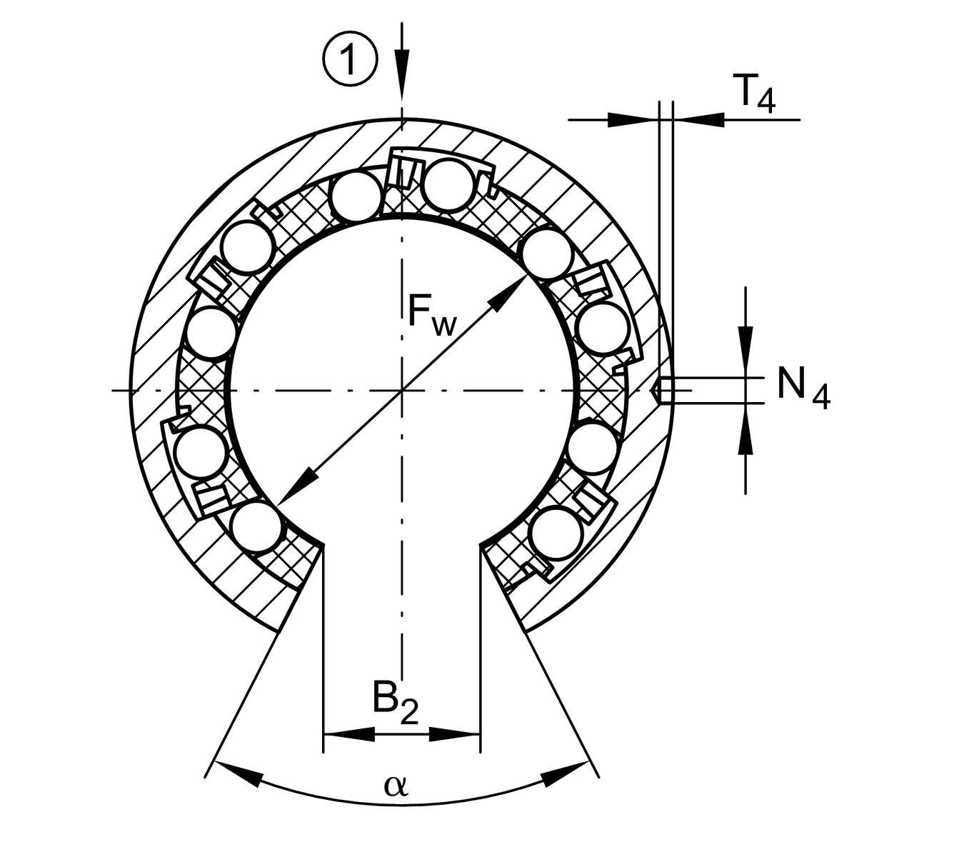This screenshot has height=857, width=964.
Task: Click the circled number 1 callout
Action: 350,59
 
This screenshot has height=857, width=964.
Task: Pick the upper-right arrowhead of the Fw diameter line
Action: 509,294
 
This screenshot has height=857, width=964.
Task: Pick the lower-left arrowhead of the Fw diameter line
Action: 296,486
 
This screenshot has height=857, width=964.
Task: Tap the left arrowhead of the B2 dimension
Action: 349,733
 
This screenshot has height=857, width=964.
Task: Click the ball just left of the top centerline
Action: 356,197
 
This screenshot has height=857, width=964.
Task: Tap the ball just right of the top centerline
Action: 448,186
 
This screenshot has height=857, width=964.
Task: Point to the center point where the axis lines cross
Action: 403,391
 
